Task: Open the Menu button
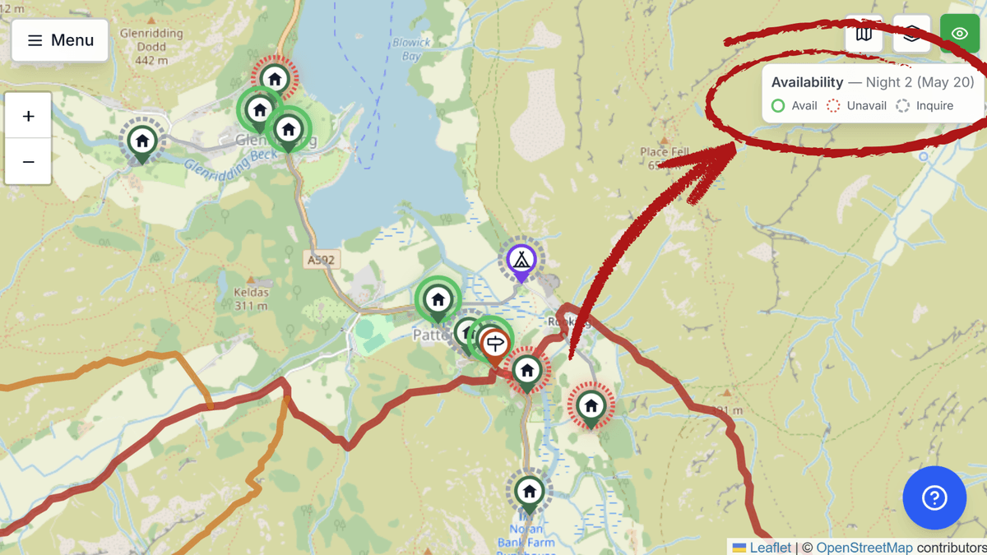click(x=60, y=40)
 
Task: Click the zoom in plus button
click(x=28, y=116)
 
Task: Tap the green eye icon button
click(x=959, y=35)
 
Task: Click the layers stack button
click(x=911, y=35)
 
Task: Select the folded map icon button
click(x=864, y=35)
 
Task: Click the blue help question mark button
click(x=934, y=497)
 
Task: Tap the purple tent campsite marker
click(x=521, y=260)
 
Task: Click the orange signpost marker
click(x=494, y=344)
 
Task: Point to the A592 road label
click(x=322, y=260)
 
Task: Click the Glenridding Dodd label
click(x=151, y=47)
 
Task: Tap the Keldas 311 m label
click(x=251, y=298)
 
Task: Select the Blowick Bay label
click(x=411, y=49)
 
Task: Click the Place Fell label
click(x=665, y=152)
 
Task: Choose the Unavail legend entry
click(x=857, y=106)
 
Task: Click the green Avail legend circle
click(x=778, y=106)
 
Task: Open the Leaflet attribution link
click(x=770, y=548)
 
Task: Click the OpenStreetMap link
click(x=864, y=548)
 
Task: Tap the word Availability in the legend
click(x=807, y=82)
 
